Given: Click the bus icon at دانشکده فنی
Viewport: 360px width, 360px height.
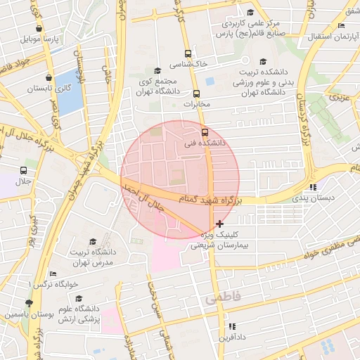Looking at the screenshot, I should point(205,131).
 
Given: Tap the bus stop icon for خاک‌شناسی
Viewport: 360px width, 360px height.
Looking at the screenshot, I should point(187,53).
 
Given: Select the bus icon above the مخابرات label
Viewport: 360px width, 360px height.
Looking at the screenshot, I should point(196,94).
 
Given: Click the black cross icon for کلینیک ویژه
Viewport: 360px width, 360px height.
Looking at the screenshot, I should point(219,223).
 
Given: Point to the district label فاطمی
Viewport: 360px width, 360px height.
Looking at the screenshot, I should point(223,299).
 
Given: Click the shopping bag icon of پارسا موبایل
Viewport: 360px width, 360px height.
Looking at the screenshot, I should point(39,29).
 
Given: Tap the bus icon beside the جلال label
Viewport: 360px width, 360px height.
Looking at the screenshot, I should point(24,171).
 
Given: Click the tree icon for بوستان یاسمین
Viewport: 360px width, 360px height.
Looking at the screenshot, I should point(28,304).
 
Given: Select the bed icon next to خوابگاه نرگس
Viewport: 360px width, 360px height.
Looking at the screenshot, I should point(52,274).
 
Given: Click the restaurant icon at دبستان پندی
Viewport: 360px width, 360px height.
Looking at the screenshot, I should point(313,187).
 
